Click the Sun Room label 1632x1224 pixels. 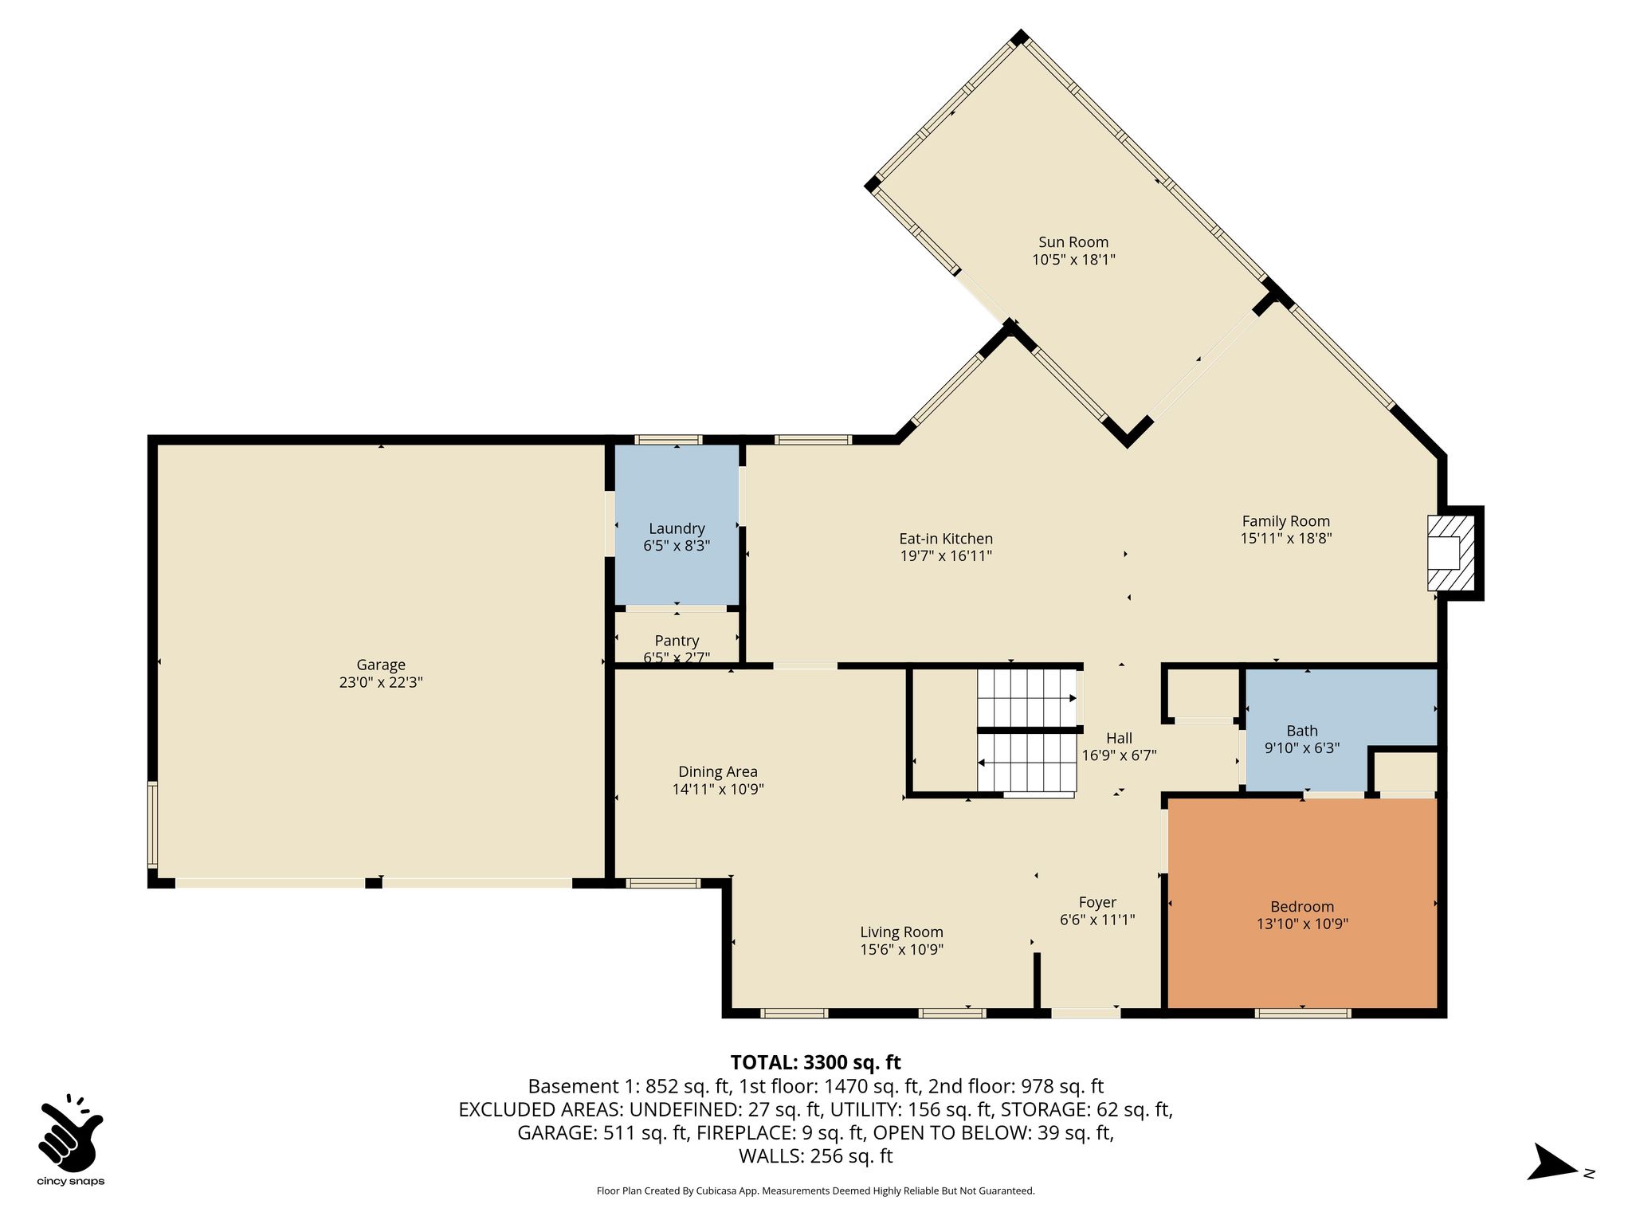click(1073, 242)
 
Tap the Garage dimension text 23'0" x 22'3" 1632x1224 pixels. click(381, 682)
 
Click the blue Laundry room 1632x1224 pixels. click(677, 524)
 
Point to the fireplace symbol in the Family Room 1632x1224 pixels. click(1450, 552)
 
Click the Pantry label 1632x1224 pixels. click(677, 641)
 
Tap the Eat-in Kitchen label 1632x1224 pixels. click(946, 539)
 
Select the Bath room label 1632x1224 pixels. click(1302, 731)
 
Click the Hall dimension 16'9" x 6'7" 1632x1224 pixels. click(1119, 755)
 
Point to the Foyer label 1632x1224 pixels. click(1097, 902)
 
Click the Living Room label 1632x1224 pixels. click(901, 932)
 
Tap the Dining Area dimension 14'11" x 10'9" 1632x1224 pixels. click(718, 790)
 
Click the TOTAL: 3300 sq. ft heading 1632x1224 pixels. click(815, 1062)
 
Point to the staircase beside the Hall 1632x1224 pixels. click(1027, 732)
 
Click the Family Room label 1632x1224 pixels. click(1286, 521)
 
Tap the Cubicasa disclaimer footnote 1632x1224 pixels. click(815, 1191)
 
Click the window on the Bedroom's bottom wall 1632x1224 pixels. click(1303, 1014)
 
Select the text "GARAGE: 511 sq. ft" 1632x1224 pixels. click(602, 1133)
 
